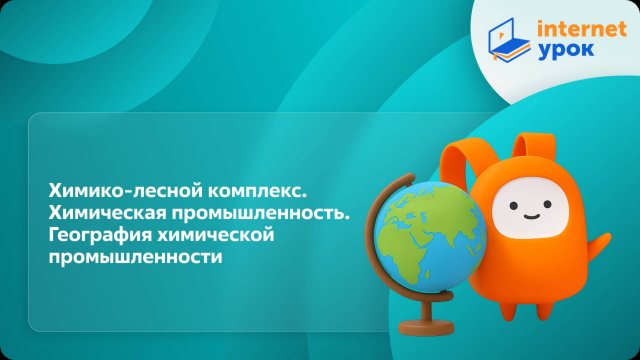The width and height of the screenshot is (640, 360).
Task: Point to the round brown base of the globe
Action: (x=424, y=325)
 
